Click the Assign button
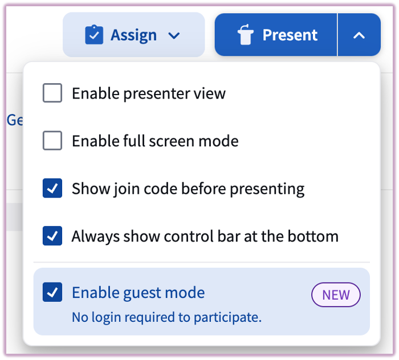133,35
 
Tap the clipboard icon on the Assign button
93,35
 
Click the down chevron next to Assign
174,36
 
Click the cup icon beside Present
245,35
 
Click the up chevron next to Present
359,35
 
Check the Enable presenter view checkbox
52,93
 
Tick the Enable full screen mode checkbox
52,141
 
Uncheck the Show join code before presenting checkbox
52,189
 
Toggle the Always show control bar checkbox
52,236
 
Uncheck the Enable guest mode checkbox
52,293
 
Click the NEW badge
336,294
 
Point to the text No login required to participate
166,317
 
